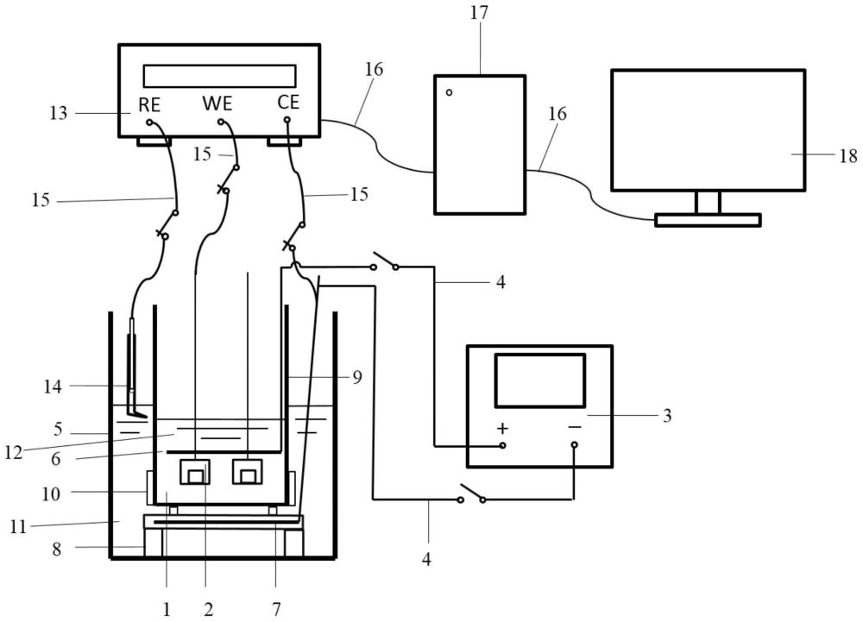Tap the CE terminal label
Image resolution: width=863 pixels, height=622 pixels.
pyautogui.click(x=288, y=103)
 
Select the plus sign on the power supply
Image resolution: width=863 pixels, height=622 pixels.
pyautogui.click(x=502, y=428)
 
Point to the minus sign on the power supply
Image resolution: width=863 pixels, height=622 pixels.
pyautogui.click(x=575, y=427)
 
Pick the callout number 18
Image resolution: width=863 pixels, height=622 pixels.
pyautogui.click(x=848, y=156)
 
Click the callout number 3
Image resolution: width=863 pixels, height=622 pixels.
pyautogui.click(x=666, y=416)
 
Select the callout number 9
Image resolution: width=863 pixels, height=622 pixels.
pyautogui.click(x=357, y=376)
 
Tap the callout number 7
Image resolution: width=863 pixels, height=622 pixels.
pyautogui.click(x=276, y=609)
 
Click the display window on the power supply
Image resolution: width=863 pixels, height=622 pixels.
pyautogui.click(x=539, y=380)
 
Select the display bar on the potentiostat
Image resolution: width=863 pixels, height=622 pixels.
pyautogui.click(x=219, y=76)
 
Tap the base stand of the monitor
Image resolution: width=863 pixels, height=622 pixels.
pyautogui.click(x=708, y=220)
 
